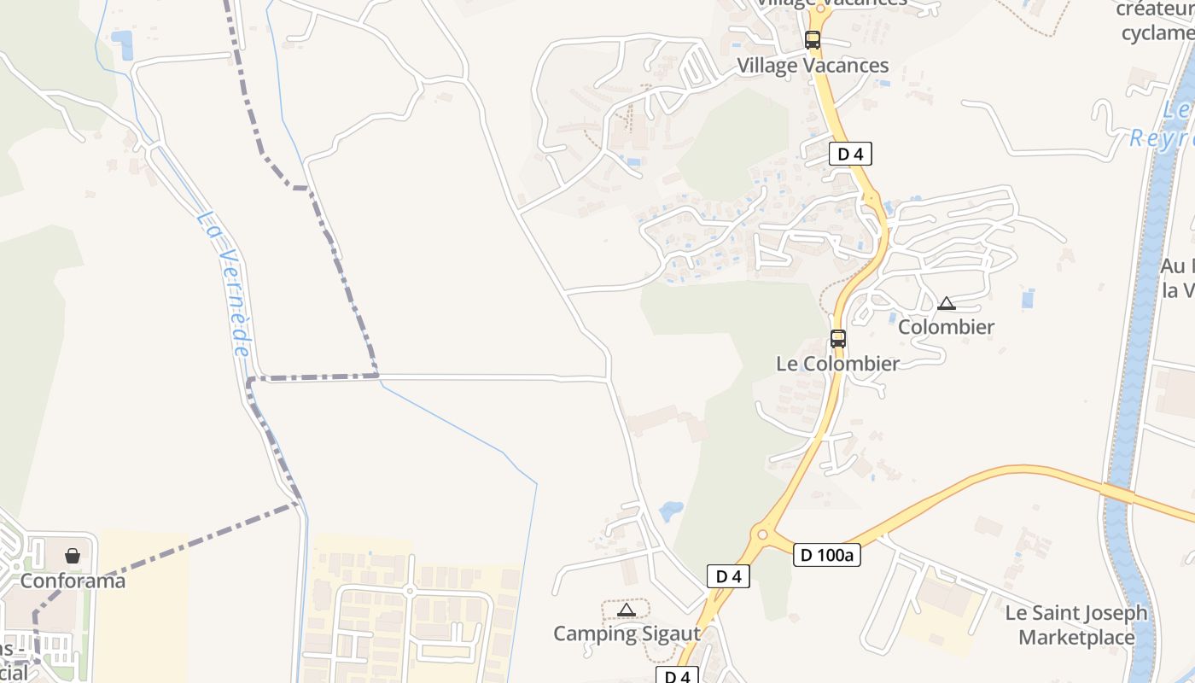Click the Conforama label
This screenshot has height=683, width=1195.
coord(73,581)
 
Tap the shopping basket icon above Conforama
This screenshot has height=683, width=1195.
coord(73,556)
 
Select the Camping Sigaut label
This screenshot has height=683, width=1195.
coord(627,633)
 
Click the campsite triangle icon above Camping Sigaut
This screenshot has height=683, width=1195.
coord(627,610)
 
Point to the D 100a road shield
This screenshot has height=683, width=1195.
coord(826,555)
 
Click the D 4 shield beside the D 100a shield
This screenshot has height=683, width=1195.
coord(728,576)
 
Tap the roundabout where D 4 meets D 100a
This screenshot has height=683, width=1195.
coord(761,535)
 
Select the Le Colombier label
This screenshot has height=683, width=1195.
coord(837,364)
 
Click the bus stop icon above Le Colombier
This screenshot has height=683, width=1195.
coord(838,338)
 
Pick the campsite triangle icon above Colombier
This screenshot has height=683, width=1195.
coord(946,303)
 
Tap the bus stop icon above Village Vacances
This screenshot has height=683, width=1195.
coord(813,39)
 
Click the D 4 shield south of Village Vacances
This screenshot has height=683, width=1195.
coord(850,154)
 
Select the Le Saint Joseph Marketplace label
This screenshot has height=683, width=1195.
coord(1076,625)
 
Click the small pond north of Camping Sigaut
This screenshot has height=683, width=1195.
coord(671,511)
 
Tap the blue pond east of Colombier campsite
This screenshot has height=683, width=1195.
coord(1028,298)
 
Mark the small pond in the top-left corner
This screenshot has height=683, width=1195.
coord(123,44)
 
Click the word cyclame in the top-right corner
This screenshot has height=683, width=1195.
coord(1157,33)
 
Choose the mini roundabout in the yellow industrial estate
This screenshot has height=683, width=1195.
coord(410,591)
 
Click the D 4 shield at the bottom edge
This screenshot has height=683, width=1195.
coord(677,676)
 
